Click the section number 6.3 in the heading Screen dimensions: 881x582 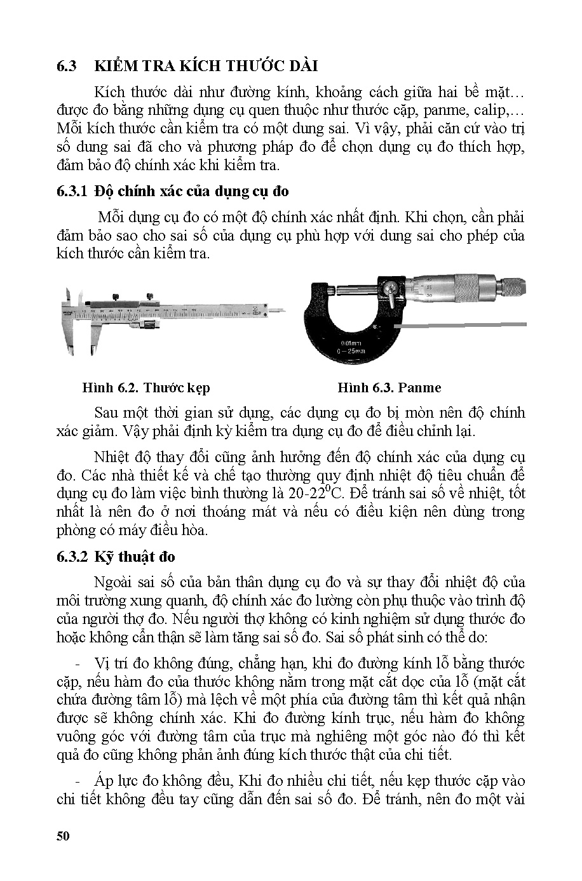click(x=66, y=66)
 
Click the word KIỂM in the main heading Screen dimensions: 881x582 click(x=115, y=66)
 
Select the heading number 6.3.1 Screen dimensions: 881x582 click(x=72, y=191)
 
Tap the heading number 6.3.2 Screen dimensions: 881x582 click(x=72, y=557)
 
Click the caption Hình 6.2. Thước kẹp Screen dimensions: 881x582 click(x=146, y=387)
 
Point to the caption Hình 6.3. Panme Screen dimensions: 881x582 click(x=389, y=387)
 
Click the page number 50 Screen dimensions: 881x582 click(x=62, y=835)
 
